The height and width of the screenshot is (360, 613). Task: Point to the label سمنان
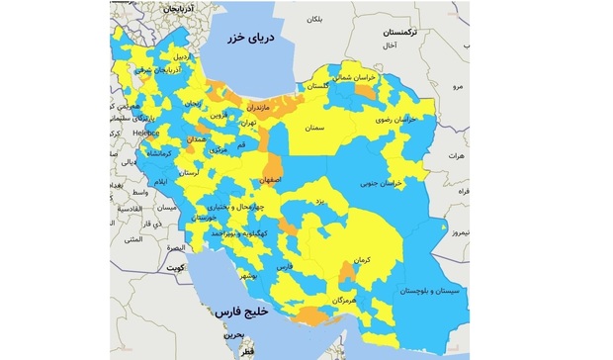pos(315,129)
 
